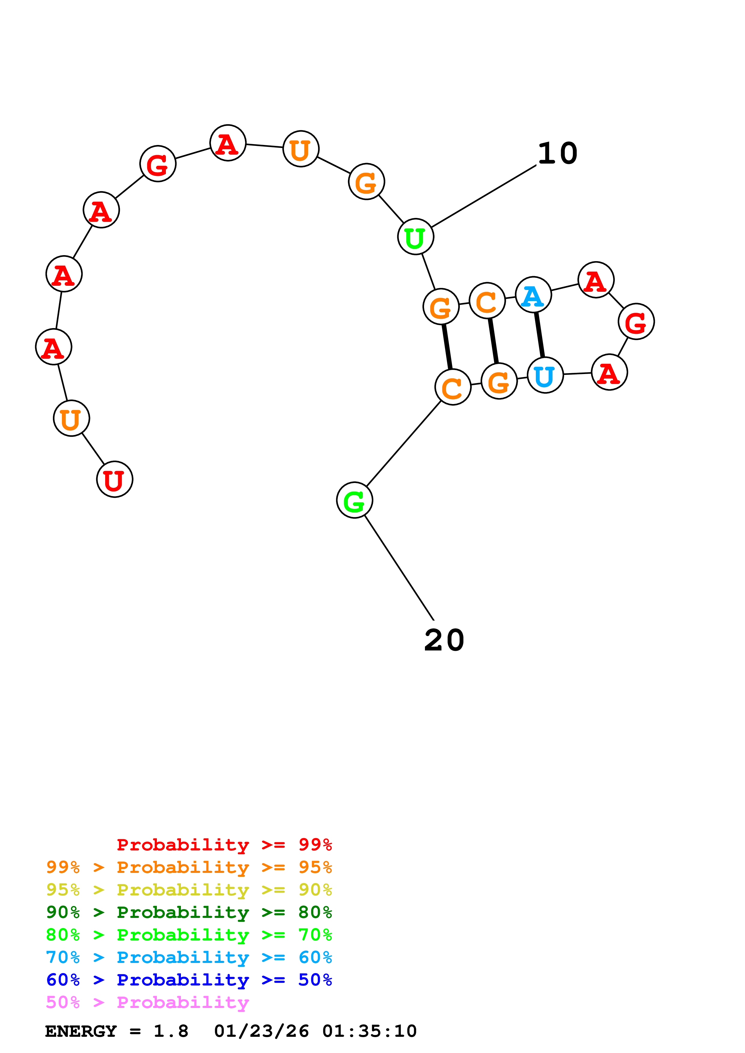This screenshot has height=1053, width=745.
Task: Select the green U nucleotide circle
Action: tap(415, 237)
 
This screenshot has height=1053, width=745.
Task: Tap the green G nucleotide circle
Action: tap(354, 500)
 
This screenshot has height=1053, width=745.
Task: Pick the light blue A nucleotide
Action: tap(533, 295)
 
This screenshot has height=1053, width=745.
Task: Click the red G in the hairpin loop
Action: tap(636, 321)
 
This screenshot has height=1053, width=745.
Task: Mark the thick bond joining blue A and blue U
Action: tap(539, 335)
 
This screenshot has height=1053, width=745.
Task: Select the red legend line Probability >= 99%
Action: tap(224, 845)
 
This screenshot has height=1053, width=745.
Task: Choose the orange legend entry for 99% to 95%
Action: tap(189, 867)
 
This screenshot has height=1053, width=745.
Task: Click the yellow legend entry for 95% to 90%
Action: tap(189, 890)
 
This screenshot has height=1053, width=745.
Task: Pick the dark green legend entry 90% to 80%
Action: tap(189, 912)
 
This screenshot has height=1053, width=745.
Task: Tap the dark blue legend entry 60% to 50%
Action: tap(189, 980)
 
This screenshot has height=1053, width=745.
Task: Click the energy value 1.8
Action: tap(171, 1031)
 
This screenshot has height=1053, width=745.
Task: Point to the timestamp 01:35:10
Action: tap(369, 1031)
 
